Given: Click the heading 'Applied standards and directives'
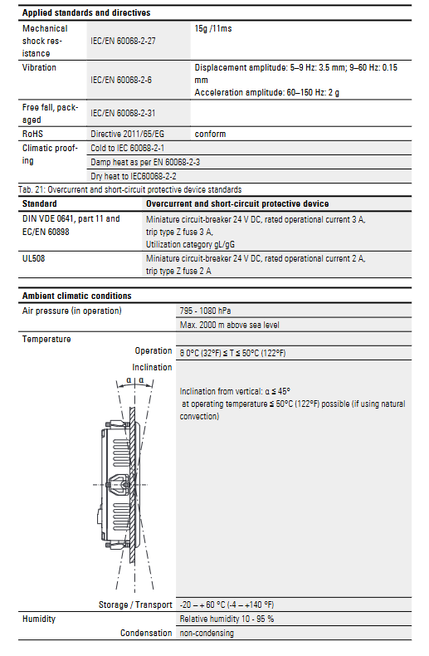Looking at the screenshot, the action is pyautogui.click(x=86, y=12).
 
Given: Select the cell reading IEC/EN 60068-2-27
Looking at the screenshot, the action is pyautogui.click(x=123, y=41).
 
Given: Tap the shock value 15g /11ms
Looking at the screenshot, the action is pyautogui.click(x=213, y=28).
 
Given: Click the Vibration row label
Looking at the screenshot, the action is pyautogui.click(x=39, y=67).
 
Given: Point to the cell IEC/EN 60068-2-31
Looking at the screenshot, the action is pyautogui.click(x=123, y=113).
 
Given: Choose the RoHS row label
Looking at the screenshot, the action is pyautogui.click(x=32, y=134).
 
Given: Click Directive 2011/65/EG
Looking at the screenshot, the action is pyautogui.click(x=128, y=134).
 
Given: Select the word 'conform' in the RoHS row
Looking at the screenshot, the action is pyautogui.click(x=210, y=134).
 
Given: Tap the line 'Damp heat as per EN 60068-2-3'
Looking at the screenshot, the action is pyautogui.click(x=145, y=162).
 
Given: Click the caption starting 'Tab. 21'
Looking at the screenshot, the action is pyautogui.click(x=130, y=189).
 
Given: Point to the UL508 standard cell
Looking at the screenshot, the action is pyautogui.click(x=33, y=258).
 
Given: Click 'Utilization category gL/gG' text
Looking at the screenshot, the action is pyautogui.click(x=190, y=244).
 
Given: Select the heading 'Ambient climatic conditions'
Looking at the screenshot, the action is pyautogui.click(x=77, y=296).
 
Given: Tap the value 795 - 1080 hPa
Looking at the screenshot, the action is pyautogui.click(x=205, y=311).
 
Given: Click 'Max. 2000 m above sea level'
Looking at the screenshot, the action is pyautogui.click(x=230, y=325).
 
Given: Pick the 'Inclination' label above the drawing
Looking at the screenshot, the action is pyautogui.click(x=152, y=367).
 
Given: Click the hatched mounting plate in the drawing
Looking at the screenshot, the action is pyautogui.click(x=133, y=485).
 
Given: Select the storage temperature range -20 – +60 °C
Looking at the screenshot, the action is pyautogui.click(x=227, y=605).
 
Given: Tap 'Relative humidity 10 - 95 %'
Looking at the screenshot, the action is pyautogui.click(x=227, y=619).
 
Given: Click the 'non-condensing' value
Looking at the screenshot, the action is pyautogui.click(x=207, y=633).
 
